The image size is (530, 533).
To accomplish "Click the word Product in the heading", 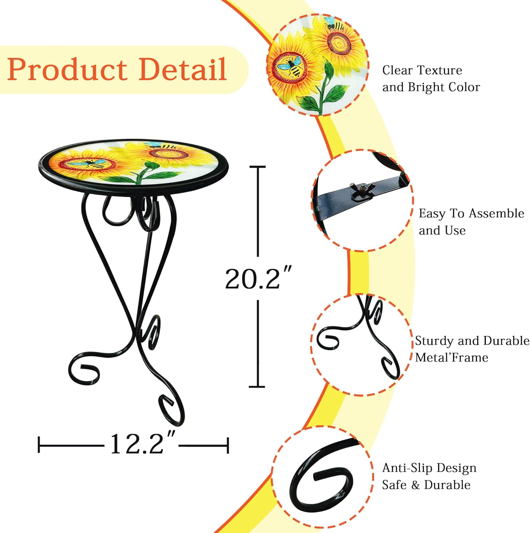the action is pyautogui.click(x=67, y=69).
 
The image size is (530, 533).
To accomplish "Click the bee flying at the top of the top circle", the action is pyautogui.click(x=334, y=25).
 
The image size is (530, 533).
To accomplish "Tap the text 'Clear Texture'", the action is pyautogui.click(x=422, y=70).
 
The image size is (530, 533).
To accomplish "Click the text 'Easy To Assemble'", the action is pyautogui.click(x=471, y=214).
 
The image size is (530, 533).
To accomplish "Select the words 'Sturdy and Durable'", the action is pyautogui.click(x=472, y=341).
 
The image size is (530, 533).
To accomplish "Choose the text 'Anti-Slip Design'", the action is pyautogui.click(x=429, y=468).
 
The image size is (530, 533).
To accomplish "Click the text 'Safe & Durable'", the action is pyautogui.click(x=426, y=485).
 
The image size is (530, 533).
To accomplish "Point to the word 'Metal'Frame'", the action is pyautogui.click(x=451, y=357).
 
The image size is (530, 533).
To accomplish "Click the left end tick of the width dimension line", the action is pyautogui.click(x=39, y=445).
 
